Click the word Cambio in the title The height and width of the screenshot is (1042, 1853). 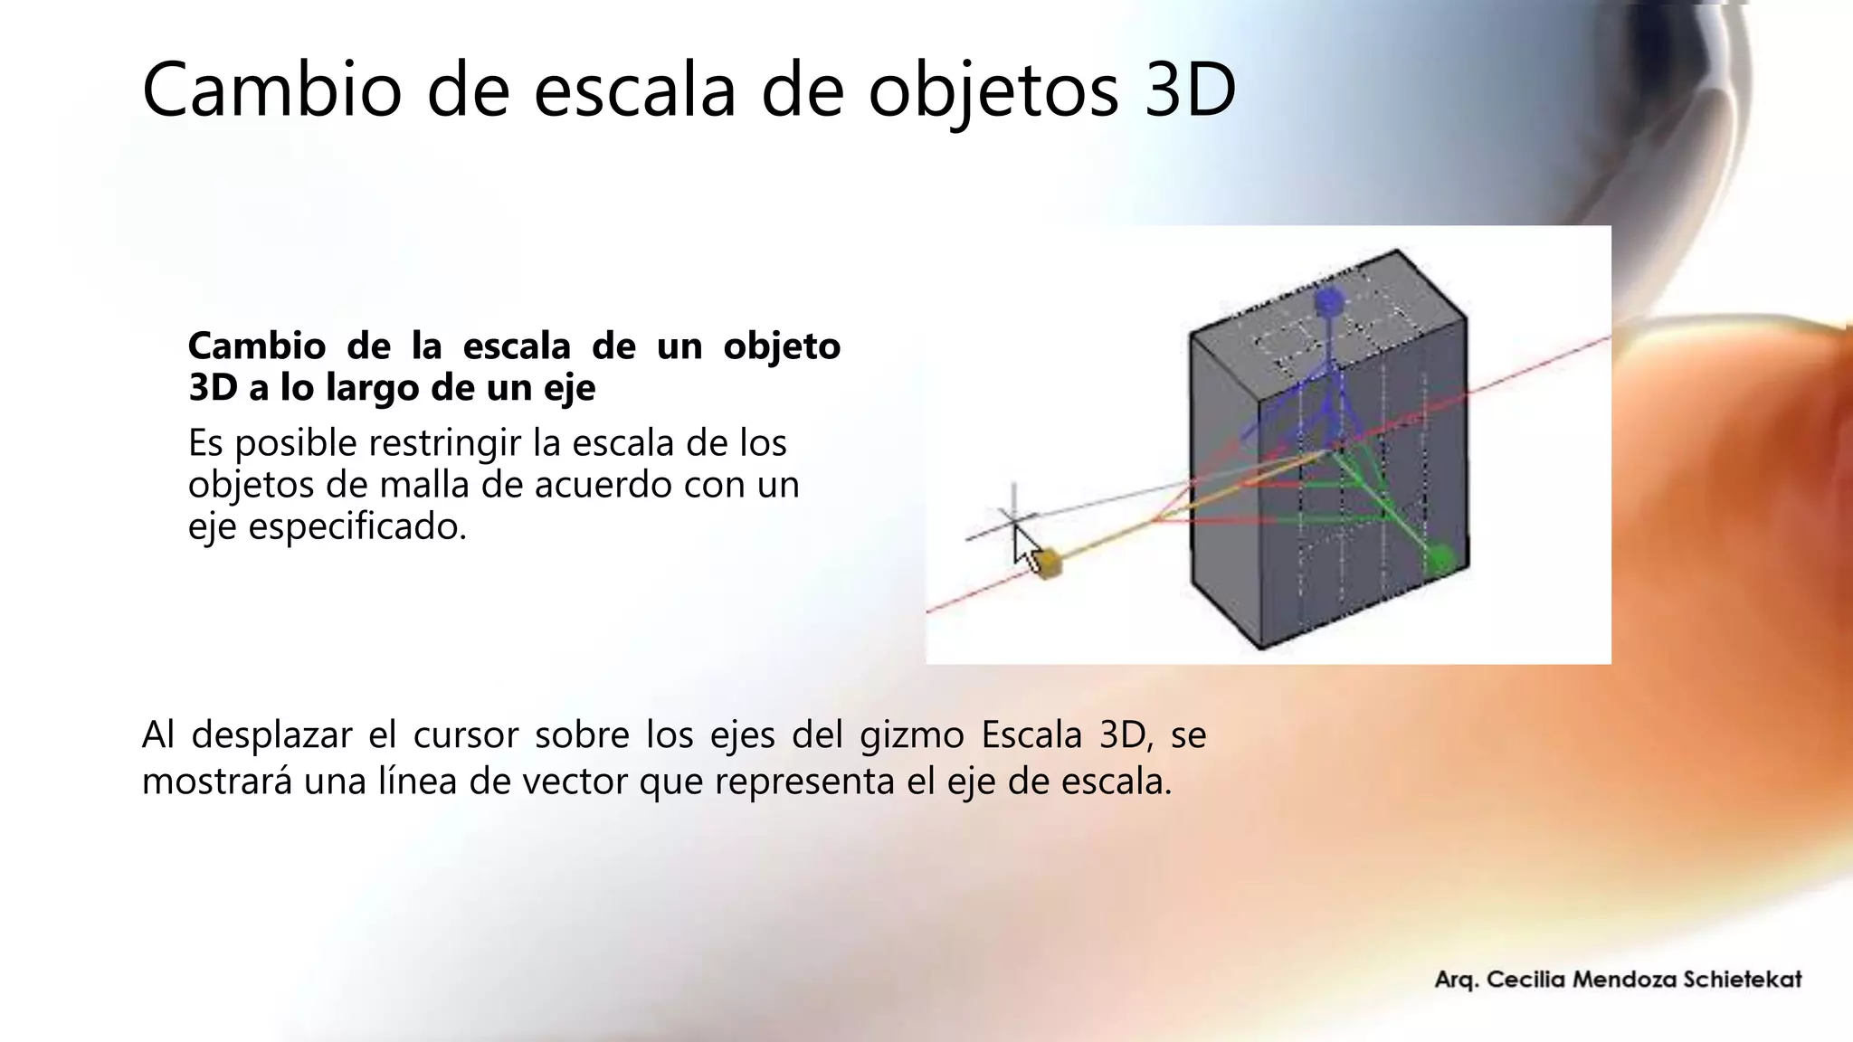(x=271, y=90)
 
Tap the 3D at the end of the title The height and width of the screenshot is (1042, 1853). (x=1190, y=90)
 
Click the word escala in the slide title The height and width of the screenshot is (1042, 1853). (x=634, y=90)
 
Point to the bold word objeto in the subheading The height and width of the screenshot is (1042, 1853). (x=782, y=346)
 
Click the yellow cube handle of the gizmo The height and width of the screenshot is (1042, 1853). (x=1048, y=564)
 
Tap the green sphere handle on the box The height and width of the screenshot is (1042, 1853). (x=1440, y=558)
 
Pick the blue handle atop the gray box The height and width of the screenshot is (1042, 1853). (x=1328, y=302)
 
